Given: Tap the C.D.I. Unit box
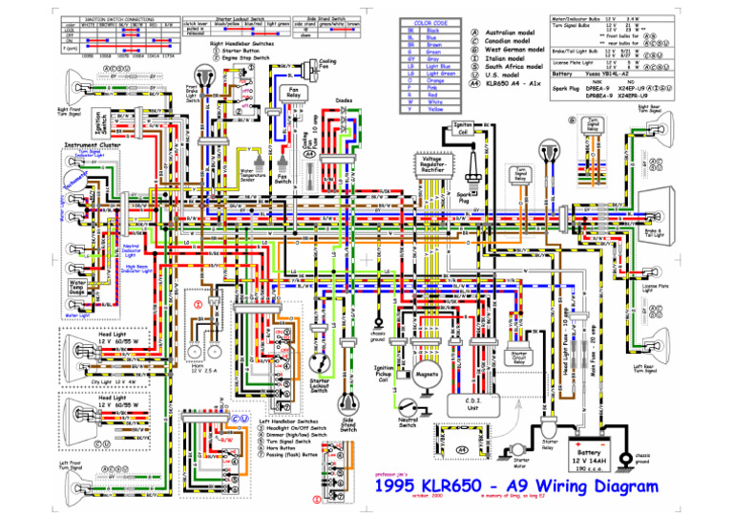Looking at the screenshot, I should tap(474, 405).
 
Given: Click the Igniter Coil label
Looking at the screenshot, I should tap(462, 127).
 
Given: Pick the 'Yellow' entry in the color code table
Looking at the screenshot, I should tap(435, 108).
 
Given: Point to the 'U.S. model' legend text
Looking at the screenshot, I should tap(505, 72).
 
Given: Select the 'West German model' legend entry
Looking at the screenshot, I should tap(514, 48).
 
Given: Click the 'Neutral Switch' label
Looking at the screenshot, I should tap(407, 422).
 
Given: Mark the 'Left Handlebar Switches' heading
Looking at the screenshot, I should tap(288, 421).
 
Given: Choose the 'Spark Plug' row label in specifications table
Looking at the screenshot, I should tap(569, 89).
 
